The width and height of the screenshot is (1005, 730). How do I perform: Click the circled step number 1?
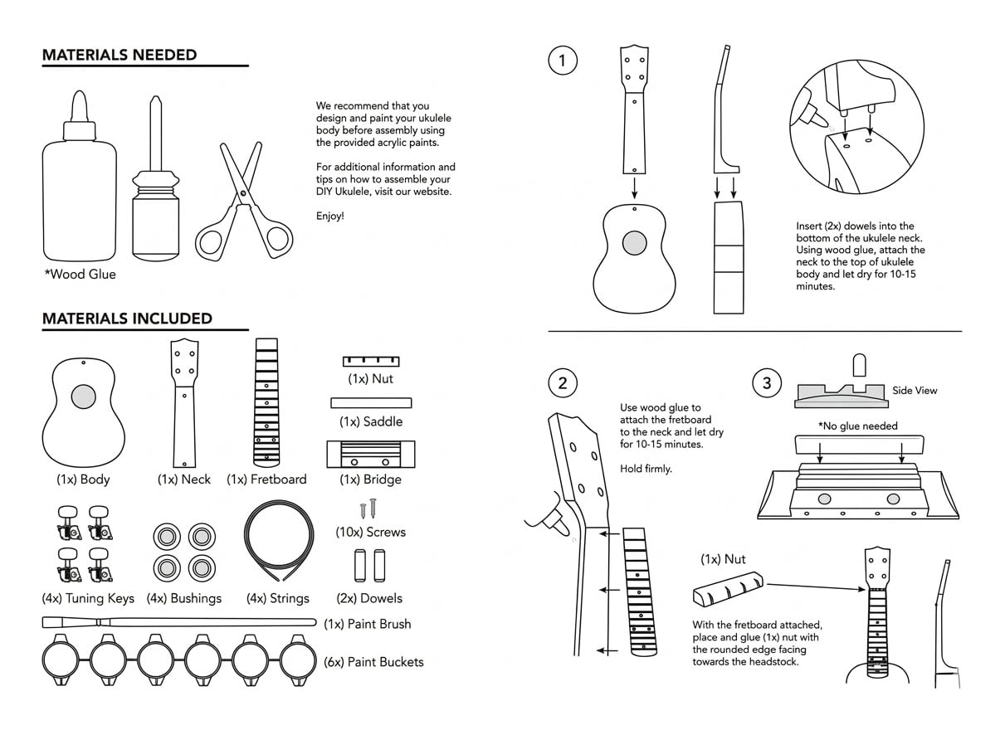(563, 60)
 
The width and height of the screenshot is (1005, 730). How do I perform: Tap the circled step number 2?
(563, 383)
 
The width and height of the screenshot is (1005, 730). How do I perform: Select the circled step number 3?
(766, 383)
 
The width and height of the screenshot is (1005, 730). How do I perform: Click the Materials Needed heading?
(120, 56)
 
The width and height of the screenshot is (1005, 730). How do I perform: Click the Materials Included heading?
(127, 319)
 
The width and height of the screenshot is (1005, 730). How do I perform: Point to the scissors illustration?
(242, 203)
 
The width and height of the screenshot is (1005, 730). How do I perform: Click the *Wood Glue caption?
(80, 275)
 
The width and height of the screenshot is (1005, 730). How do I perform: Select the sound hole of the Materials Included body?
(83, 397)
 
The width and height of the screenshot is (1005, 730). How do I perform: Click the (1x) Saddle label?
(371, 421)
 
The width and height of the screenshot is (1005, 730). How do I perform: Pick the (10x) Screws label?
(371, 532)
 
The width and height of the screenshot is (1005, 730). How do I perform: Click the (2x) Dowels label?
(369, 598)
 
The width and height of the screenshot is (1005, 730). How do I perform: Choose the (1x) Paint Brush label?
(367, 624)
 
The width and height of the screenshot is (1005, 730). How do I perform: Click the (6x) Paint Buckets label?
(373, 662)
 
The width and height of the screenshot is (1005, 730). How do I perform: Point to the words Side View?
(915, 391)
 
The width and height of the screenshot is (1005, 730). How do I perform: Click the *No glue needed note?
(858, 426)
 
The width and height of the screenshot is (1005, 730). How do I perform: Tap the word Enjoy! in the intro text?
(329, 217)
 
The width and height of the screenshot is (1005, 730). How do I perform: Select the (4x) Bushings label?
(184, 598)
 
